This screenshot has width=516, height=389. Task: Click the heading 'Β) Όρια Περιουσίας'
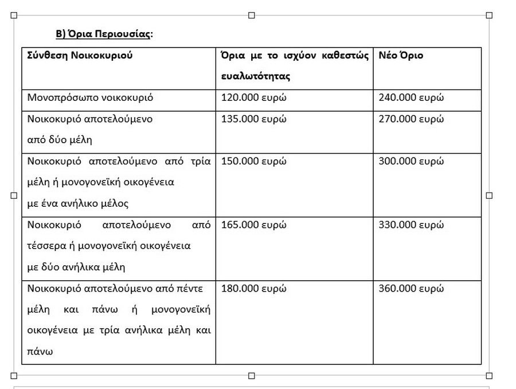pyautogui.click(x=104, y=34)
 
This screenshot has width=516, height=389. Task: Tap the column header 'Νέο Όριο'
pyautogui.click(x=401, y=56)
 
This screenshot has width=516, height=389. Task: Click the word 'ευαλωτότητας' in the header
pyautogui.click(x=256, y=76)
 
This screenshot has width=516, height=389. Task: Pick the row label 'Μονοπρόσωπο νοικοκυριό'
pyautogui.click(x=90, y=97)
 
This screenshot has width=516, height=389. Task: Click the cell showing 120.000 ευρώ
pyautogui.click(x=253, y=97)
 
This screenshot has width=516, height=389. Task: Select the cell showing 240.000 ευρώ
pyautogui.click(x=411, y=97)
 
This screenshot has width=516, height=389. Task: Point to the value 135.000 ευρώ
pyautogui.click(x=253, y=119)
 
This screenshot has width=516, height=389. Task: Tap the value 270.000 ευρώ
pyautogui.click(x=411, y=119)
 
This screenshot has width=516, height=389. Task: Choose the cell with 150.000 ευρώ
pyautogui.click(x=253, y=161)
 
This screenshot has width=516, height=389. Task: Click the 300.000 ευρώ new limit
pyautogui.click(x=411, y=161)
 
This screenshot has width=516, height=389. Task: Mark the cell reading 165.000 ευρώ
pyautogui.click(x=253, y=225)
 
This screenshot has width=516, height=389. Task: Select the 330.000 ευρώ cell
pyautogui.click(x=411, y=225)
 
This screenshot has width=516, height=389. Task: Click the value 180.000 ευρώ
pyautogui.click(x=253, y=288)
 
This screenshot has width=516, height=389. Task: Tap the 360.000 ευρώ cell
pyautogui.click(x=411, y=288)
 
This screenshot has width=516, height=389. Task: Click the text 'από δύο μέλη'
pyautogui.click(x=60, y=140)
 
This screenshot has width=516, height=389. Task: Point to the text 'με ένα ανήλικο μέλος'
pyautogui.click(x=78, y=203)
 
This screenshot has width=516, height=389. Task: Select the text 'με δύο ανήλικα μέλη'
pyautogui.click(x=76, y=267)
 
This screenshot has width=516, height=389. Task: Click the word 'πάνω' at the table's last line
pyautogui.click(x=40, y=351)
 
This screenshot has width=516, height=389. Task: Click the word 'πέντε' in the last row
pyautogui.click(x=191, y=288)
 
